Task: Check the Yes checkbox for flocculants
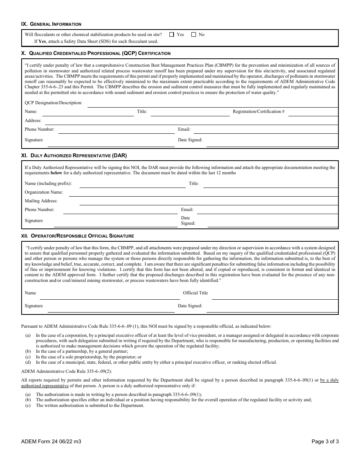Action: (x=172, y=34)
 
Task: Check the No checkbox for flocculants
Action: (x=194, y=34)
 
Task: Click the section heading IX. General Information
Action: (x=51, y=24)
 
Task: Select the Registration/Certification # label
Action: (x=258, y=112)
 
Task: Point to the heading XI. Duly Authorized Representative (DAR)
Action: (x=74, y=155)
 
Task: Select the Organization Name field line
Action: (x=203, y=193)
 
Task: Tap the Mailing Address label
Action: (x=41, y=201)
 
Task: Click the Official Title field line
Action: (x=274, y=294)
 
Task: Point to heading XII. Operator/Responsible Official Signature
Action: (x=77, y=236)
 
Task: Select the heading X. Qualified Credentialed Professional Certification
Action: (x=95, y=53)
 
